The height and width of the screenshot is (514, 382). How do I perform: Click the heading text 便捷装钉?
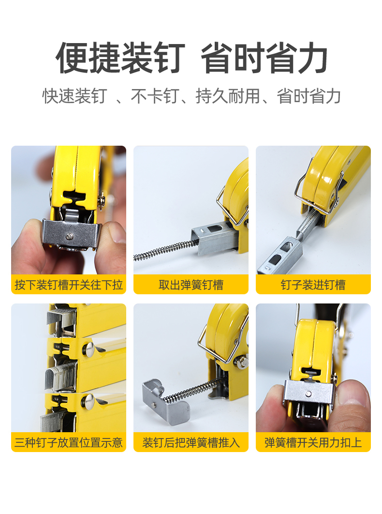120,59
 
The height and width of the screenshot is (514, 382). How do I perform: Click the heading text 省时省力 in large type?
264,59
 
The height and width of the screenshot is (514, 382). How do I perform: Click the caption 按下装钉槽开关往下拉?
69,285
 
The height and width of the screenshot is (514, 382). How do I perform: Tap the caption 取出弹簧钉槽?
191,285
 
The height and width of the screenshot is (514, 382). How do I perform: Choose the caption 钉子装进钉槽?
313,285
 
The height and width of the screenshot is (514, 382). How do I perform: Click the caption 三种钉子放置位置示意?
69,442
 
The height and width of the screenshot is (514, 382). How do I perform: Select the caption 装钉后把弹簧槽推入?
191,442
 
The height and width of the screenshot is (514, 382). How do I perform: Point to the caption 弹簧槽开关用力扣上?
313,442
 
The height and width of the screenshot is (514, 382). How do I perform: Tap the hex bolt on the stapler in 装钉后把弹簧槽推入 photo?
240,361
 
